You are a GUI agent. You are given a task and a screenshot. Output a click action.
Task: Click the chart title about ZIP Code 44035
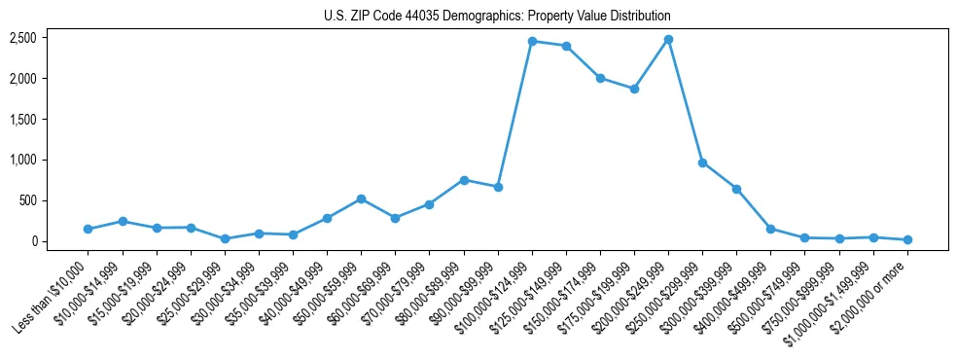coord(497,17)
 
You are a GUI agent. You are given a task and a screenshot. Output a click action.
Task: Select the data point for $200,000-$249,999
coord(668,40)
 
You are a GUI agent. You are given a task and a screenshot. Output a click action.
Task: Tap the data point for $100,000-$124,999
coord(532,41)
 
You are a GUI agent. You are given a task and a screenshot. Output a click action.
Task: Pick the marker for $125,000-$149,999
coord(566,46)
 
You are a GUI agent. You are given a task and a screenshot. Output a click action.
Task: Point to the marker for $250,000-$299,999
coord(702,162)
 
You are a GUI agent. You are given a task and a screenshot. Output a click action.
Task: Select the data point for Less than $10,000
coord(89,229)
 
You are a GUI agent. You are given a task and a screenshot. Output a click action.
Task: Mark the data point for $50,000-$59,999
coord(361,198)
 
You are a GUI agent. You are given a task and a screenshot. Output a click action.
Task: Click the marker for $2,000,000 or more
coord(907,239)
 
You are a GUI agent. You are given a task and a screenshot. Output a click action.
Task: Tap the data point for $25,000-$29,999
coord(225,238)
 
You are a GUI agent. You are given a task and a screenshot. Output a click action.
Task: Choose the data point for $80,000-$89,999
coord(464,180)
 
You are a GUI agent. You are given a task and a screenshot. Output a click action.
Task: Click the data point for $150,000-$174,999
coord(600,78)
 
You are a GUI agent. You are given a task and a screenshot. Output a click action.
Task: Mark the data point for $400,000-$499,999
coord(770,229)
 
